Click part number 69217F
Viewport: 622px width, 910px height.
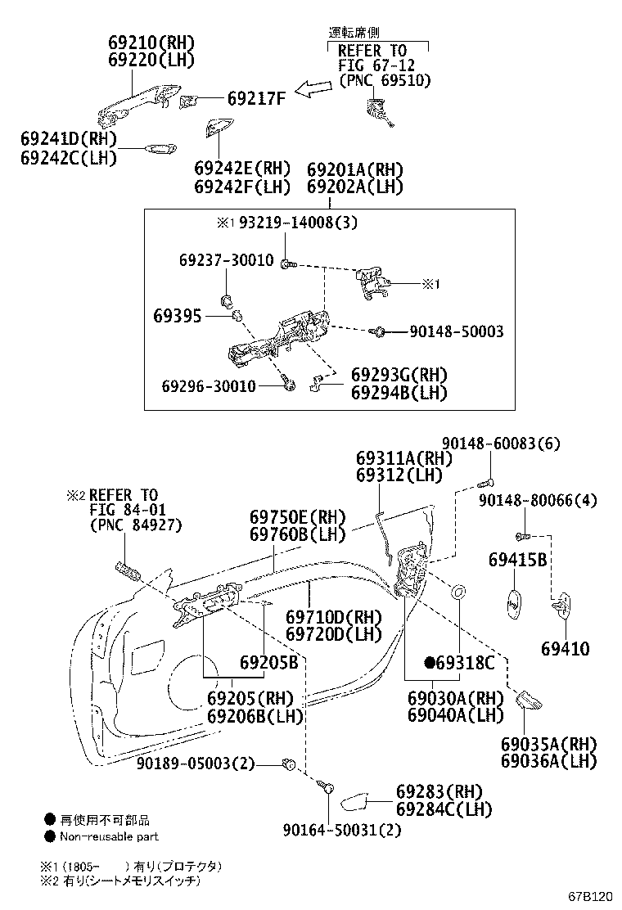256,98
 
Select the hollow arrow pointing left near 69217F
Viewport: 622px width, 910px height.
314,88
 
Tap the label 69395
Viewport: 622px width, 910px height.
178,316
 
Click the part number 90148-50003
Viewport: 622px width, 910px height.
457,331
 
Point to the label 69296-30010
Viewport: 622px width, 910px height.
209,386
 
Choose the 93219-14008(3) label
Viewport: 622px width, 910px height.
298,223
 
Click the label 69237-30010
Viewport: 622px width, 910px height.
226,259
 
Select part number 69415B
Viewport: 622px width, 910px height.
517,560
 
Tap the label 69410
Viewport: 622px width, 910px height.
566,648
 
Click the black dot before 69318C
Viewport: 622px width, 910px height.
430,662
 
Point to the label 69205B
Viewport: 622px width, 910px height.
268,662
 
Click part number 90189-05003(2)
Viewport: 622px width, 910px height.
196,764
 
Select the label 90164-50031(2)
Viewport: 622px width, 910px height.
342,830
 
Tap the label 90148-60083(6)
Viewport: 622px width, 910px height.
502,444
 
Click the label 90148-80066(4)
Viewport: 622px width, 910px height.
538,500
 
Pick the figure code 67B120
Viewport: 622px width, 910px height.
590,897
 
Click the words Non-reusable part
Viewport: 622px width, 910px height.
109,836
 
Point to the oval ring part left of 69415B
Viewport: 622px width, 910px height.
457,592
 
